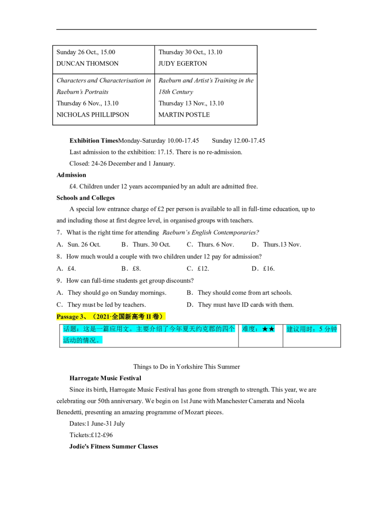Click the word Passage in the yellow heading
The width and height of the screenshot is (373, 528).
(68, 317)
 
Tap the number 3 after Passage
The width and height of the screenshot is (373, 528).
(82, 317)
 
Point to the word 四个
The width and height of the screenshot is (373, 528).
(229, 329)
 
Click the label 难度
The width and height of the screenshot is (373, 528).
(249, 329)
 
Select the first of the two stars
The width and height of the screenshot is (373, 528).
(265, 329)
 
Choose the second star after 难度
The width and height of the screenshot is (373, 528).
(272, 329)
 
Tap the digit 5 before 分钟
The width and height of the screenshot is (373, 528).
(321, 329)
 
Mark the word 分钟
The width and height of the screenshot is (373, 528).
(331, 329)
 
